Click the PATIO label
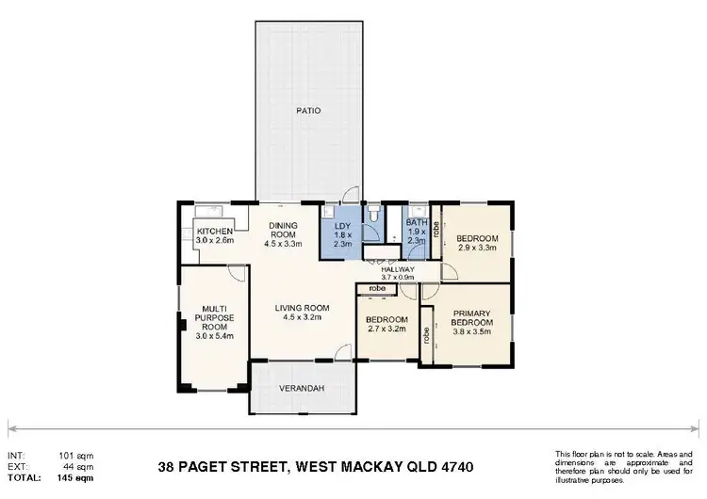click(307, 110)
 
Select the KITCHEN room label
click(215, 232)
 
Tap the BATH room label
click(416, 223)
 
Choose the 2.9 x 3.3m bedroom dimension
click(476, 249)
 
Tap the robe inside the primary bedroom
click(426, 331)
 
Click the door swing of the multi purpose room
click(239, 273)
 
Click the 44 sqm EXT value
click(80, 467)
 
